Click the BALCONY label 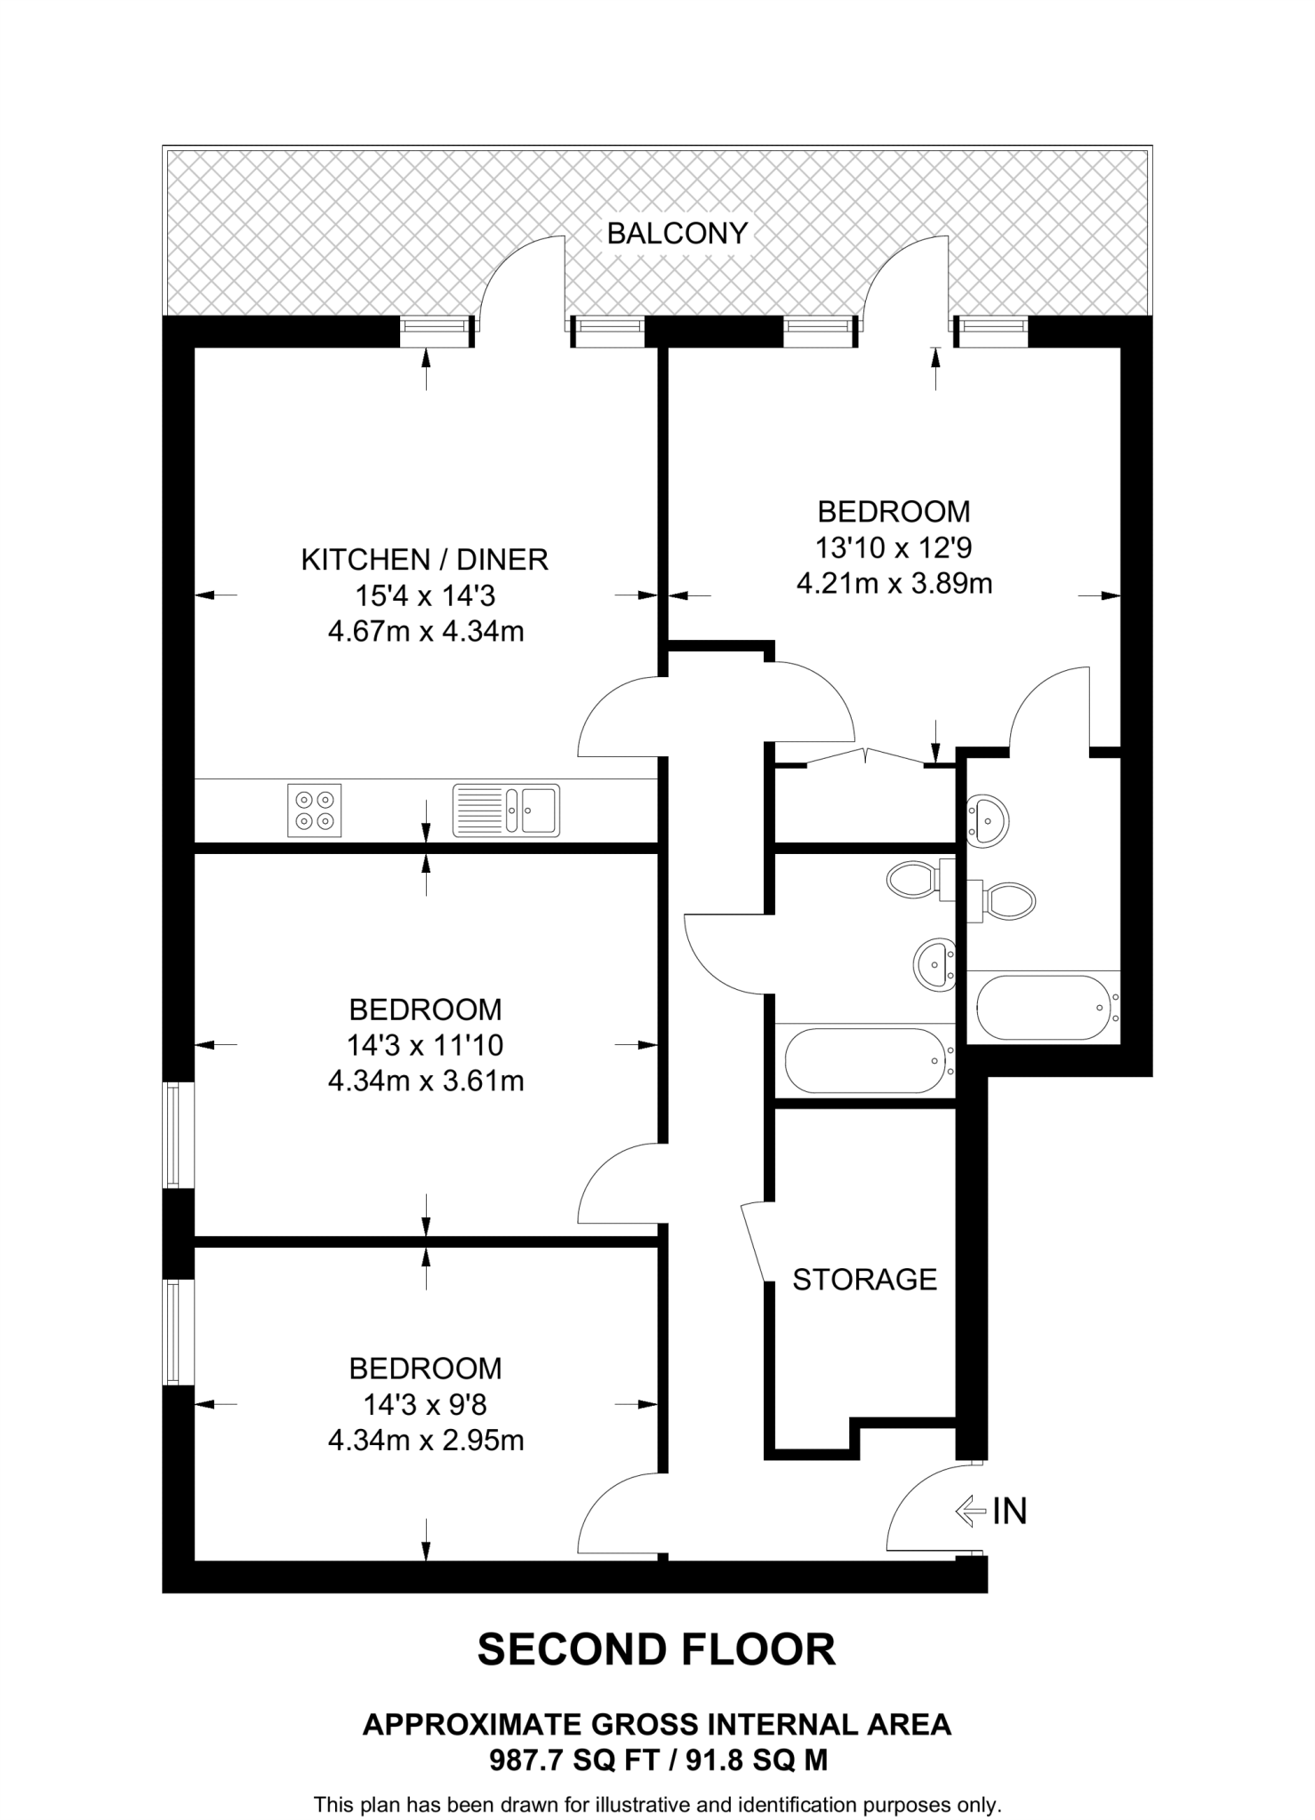coord(677,234)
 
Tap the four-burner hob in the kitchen coord(314,810)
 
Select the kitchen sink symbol coord(506,810)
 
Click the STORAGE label coord(864,1279)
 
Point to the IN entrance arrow coord(971,1510)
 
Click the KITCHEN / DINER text coord(425,559)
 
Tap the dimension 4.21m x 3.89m coord(894,584)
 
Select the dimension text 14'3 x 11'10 coord(425,1045)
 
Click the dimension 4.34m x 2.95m coord(425,1440)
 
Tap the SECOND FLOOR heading coord(656,1649)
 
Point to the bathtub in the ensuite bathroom coord(1043,1008)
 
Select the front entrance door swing coord(929,1511)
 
